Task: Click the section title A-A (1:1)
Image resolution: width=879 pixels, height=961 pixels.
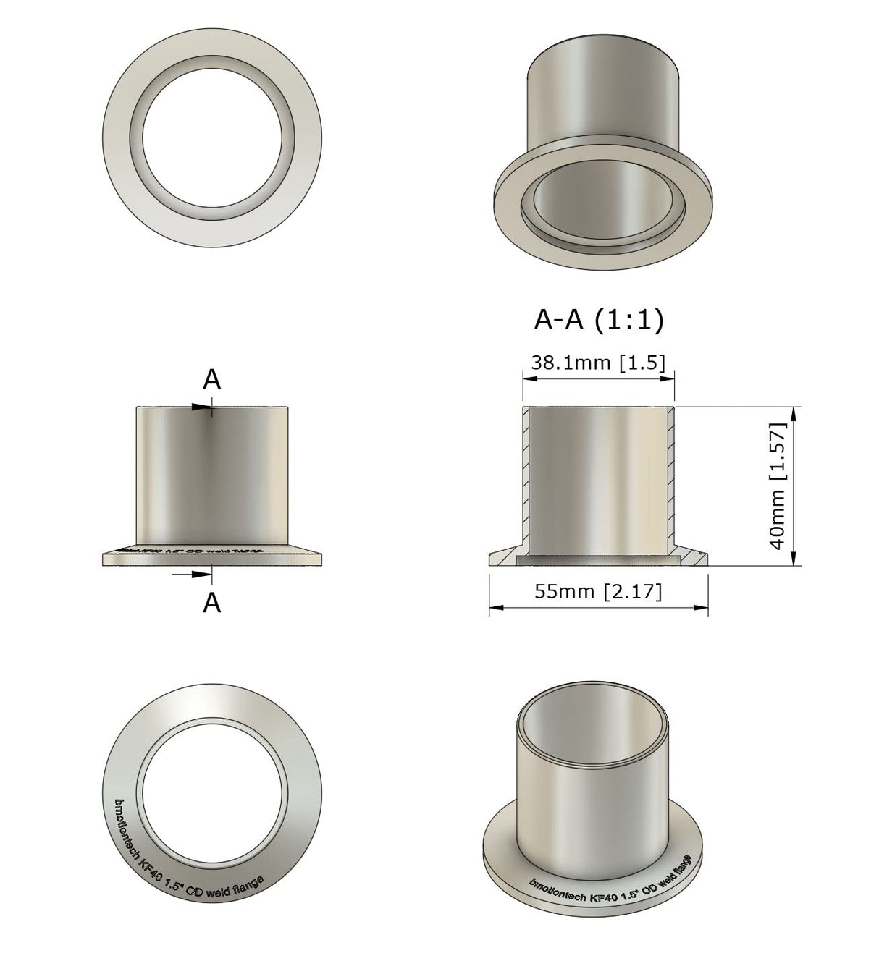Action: click(x=598, y=320)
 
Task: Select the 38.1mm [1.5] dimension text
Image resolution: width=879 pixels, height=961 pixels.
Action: click(x=598, y=363)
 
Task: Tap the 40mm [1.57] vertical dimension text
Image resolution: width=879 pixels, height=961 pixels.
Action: click(x=778, y=486)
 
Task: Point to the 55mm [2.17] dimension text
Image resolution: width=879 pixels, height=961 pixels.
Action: click(x=598, y=591)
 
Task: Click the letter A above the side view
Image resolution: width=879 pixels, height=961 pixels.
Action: click(x=211, y=379)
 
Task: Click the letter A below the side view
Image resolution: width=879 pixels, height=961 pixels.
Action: click(x=211, y=602)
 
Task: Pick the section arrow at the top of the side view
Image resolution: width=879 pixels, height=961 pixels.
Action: click(x=202, y=407)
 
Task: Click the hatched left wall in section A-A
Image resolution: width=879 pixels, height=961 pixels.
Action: click(x=526, y=478)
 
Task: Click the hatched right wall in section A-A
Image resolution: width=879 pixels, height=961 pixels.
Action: click(x=671, y=478)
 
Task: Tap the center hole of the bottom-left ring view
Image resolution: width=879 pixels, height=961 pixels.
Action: click(x=212, y=792)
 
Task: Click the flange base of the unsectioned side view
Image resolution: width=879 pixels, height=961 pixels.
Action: click(x=212, y=558)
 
